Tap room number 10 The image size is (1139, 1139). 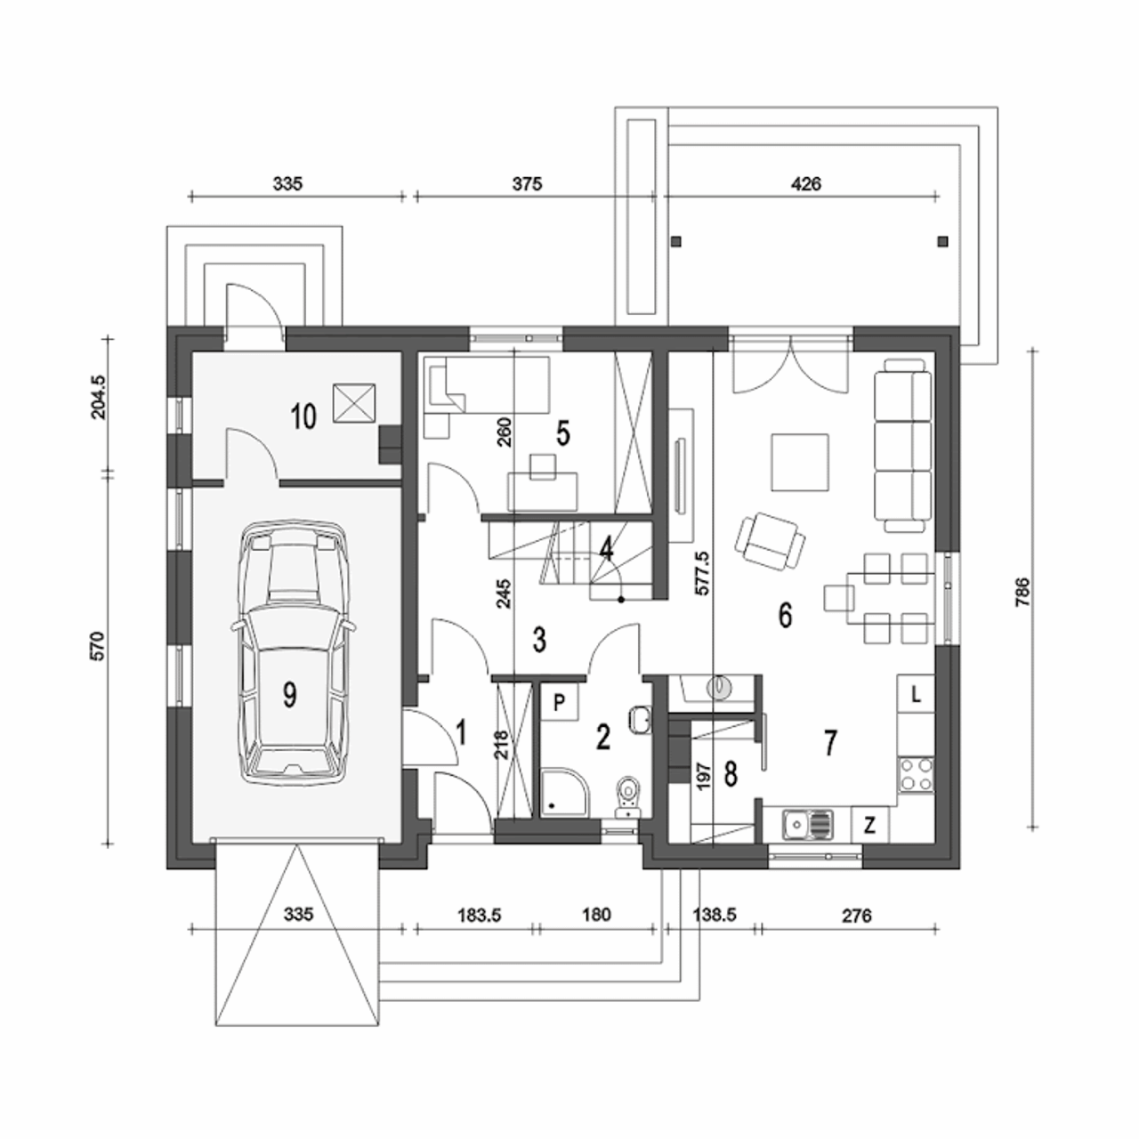(304, 416)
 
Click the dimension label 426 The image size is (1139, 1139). (805, 184)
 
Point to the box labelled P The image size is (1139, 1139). (560, 703)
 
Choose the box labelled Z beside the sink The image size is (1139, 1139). (869, 824)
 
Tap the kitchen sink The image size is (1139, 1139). (808, 824)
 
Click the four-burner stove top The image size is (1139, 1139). (917, 774)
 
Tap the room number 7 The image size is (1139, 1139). (831, 743)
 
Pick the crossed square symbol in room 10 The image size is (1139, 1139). (355, 402)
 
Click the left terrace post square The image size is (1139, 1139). (676, 240)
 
